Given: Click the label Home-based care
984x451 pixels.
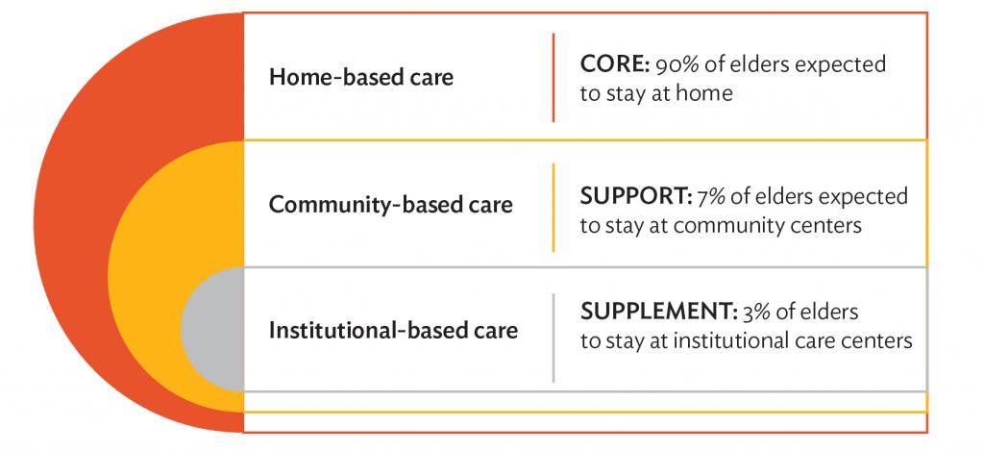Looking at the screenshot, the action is (x=361, y=77).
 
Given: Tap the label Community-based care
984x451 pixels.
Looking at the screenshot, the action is (x=390, y=205).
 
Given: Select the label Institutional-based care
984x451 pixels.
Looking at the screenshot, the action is (x=393, y=331).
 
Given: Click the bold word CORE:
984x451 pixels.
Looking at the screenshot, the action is (x=614, y=64).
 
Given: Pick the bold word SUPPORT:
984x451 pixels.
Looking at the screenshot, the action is (x=636, y=196).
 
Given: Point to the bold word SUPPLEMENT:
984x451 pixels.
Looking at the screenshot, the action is (x=656, y=312).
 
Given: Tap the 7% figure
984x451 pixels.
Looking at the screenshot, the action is (x=711, y=196).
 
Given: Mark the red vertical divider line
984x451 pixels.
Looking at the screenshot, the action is (x=553, y=77).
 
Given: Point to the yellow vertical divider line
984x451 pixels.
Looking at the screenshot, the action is (x=553, y=208).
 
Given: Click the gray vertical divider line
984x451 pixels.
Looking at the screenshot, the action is (x=553, y=338).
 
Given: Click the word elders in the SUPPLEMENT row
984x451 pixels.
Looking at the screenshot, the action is (x=829, y=313).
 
